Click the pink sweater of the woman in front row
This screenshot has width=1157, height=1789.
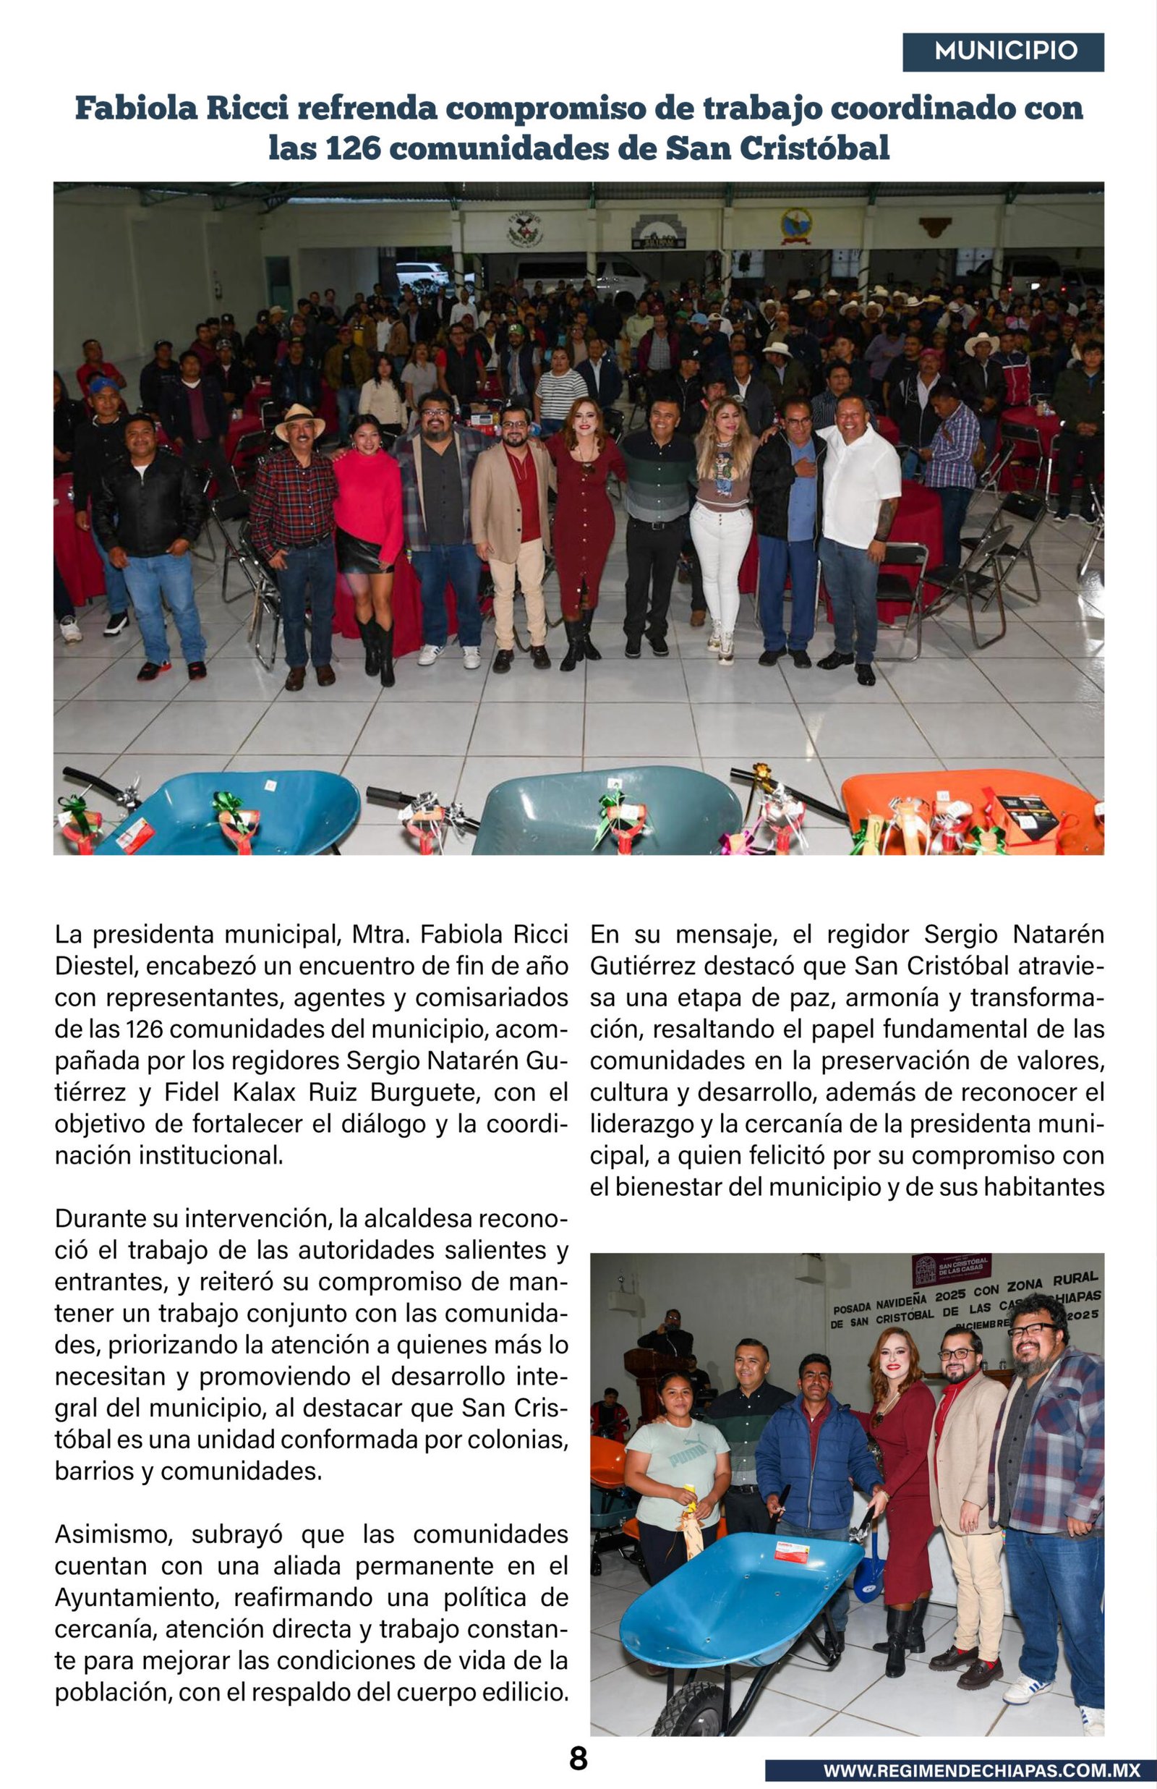point(367,492)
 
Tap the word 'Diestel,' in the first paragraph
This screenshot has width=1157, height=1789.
point(95,966)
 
